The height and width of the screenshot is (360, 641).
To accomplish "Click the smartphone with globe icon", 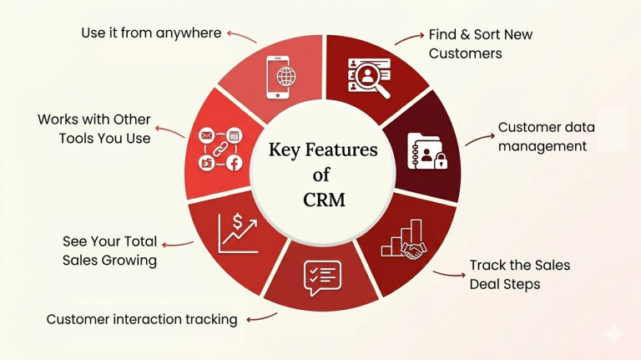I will coord(280,76).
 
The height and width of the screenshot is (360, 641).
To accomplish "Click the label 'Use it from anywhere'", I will coord(151,33).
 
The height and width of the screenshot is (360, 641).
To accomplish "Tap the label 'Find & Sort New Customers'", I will coord(480,44).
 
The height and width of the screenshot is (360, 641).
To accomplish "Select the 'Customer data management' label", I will coord(543,137).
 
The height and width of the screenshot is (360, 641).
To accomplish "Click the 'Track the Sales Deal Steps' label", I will coord(519,274).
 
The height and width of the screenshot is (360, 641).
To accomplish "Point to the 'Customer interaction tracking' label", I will coord(142,319).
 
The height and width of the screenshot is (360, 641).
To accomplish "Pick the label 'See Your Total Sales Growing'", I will coord(109,251).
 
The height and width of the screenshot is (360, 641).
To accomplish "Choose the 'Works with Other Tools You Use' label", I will coord(93,129).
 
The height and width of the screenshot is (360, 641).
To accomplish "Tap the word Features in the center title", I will coord(341,150).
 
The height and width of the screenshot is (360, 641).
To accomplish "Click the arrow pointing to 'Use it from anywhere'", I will coord(241,36).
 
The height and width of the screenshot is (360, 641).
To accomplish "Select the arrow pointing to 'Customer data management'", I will coord(477,139).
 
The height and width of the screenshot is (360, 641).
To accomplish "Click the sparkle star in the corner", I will coord(615,333).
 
